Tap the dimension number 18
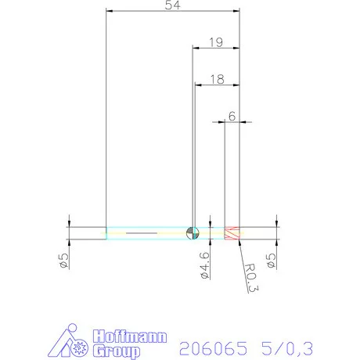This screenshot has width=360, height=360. [x=216, y=78]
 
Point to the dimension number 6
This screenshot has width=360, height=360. [x=232, y=115]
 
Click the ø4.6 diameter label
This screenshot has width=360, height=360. [x=203, y=265]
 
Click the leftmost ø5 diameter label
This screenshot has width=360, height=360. [x=66, y=261]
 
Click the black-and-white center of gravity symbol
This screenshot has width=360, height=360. [x=193, y=232]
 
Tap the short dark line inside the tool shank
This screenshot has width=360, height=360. [x=142, y=233]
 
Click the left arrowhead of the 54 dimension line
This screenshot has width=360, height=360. [x=110, y=12]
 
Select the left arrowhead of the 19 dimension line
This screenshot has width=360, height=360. [x=196, y=47]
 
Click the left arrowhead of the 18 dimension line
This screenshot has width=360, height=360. [x=198, y=84]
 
